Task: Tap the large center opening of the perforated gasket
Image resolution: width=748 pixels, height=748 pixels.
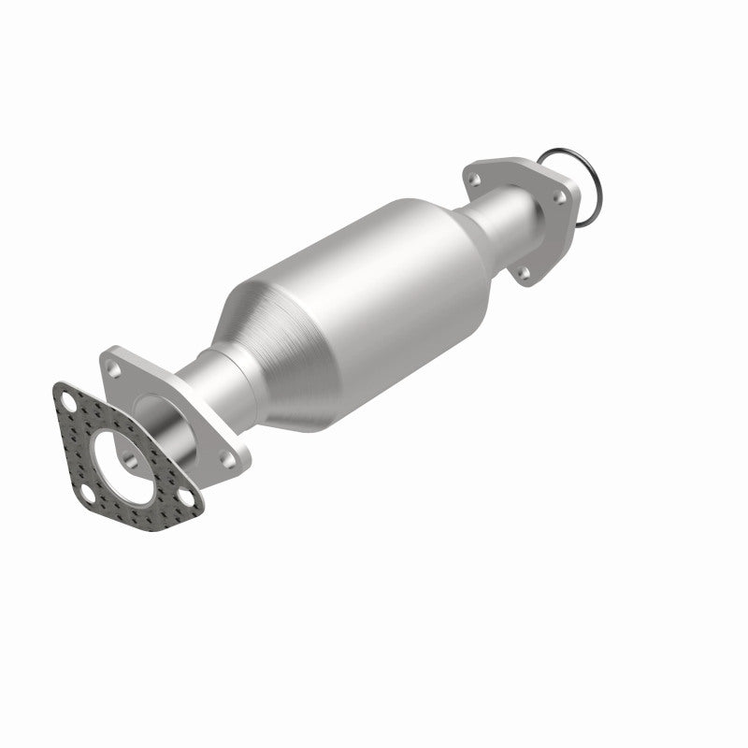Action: pos(128,453)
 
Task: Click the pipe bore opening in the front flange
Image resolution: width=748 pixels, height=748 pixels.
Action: pos(155,410)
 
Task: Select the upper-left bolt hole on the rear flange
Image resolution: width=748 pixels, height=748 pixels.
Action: pos(476,178)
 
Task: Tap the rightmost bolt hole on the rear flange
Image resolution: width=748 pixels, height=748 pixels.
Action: pos(562,198)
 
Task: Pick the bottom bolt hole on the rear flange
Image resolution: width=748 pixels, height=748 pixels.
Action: pos(524,274)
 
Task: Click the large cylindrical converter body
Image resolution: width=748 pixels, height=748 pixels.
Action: pos(374,280)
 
